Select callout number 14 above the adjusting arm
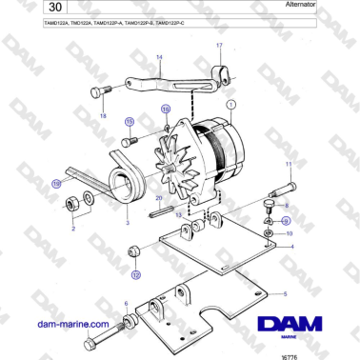point(160,58)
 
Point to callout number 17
point(220,46)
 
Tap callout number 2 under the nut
point(75,229)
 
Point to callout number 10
point(290,233)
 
